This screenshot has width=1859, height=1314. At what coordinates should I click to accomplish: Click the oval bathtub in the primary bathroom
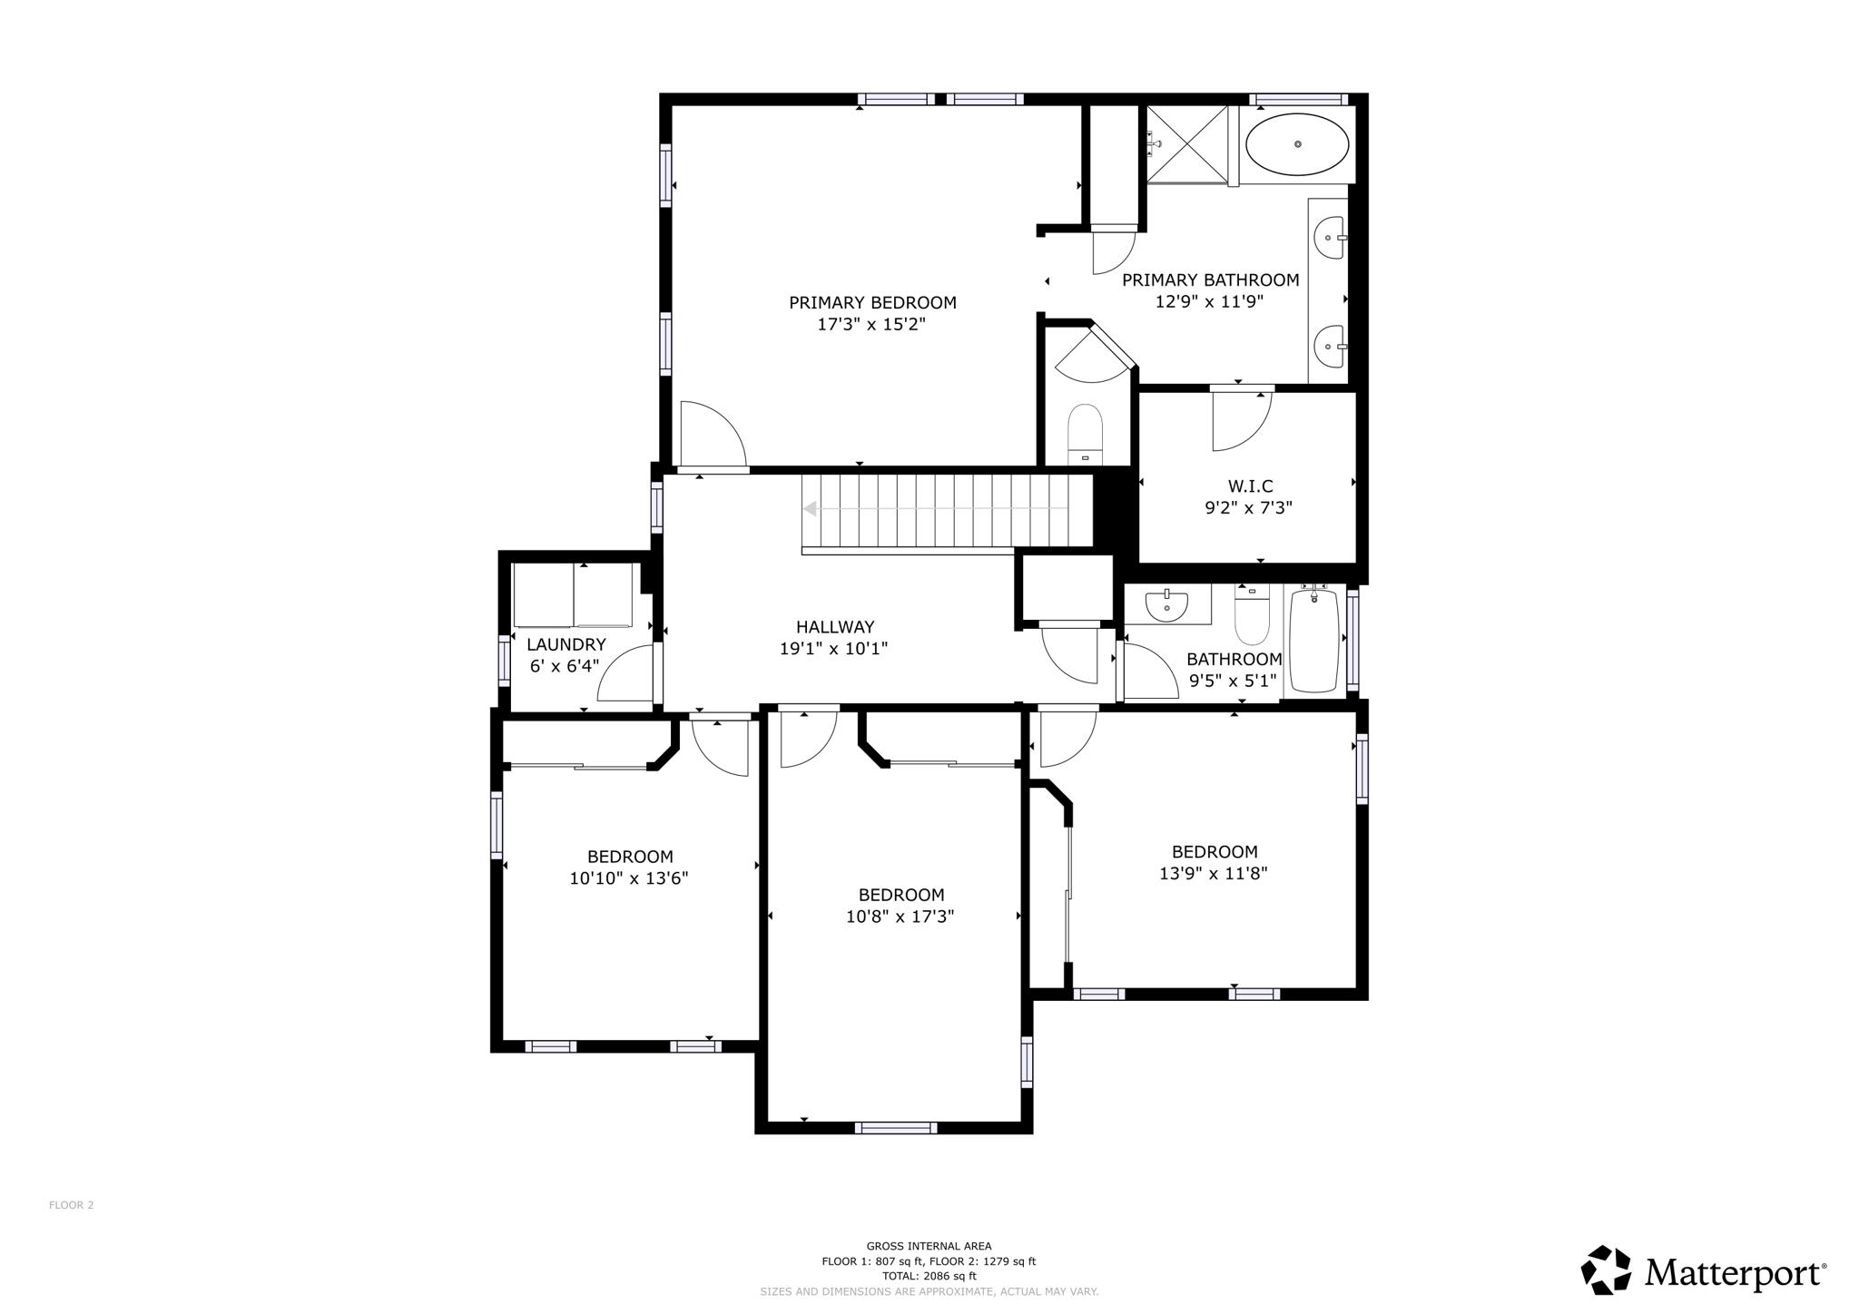pos(1297,144)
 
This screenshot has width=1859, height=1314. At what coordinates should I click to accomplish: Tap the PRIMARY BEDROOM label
pos(872,302)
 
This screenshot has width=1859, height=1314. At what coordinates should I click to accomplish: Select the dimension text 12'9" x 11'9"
pos(1209,302)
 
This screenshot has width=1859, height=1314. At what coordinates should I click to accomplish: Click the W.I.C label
pos(1250,486)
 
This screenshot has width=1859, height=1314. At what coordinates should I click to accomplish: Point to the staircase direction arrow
pos(811,509)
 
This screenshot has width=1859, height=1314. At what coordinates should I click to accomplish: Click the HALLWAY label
pos(834,626)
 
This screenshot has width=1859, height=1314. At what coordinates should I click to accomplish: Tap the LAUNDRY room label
pos(566,644)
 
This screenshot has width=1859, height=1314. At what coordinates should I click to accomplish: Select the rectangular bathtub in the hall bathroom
pos(1314,641)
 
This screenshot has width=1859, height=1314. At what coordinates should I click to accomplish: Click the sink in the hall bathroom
pos(1166,604)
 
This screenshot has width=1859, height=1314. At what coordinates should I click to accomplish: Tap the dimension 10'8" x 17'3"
pos(900,917)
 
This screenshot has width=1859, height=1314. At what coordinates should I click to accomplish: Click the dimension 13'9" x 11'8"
pos(1213,874)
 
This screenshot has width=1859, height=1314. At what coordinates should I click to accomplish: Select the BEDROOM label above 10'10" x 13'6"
pos(630,857)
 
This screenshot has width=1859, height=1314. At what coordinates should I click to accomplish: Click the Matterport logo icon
pos(1605,1270)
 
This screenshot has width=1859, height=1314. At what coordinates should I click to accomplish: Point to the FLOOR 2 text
pos(72,1205)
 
